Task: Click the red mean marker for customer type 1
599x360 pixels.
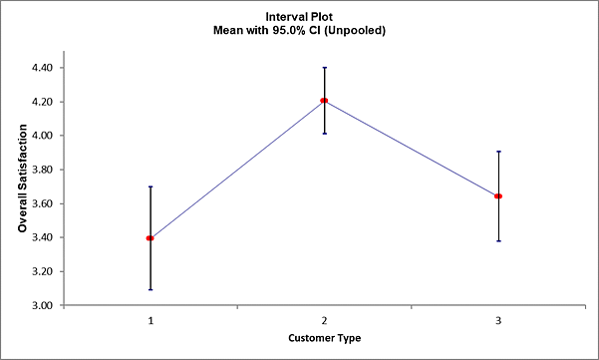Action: (x=150, y=238)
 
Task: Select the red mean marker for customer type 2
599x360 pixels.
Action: (x=324, y=101)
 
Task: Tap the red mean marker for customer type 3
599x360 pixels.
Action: (x=498, y=196)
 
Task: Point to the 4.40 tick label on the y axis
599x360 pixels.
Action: (x=44, y=68)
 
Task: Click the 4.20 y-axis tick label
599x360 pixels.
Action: (x=44, y=102)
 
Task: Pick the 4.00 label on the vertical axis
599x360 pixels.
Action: (x=44, y=136)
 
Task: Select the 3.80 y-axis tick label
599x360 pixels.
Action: (x=44, y=170)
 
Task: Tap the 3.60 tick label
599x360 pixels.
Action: (x=44, y=203)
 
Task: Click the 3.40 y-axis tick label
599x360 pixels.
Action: (x=44, y=237)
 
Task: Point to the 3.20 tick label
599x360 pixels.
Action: (x=44, y=271)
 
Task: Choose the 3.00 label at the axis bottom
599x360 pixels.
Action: (x=44, y=305)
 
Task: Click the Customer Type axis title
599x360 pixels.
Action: (x=324, y=338)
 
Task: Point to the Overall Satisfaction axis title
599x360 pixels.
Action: (x=22, y=186)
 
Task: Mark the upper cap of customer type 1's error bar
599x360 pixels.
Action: (x=150, y=186)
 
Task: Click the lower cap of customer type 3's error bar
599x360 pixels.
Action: (x=498, y=241)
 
